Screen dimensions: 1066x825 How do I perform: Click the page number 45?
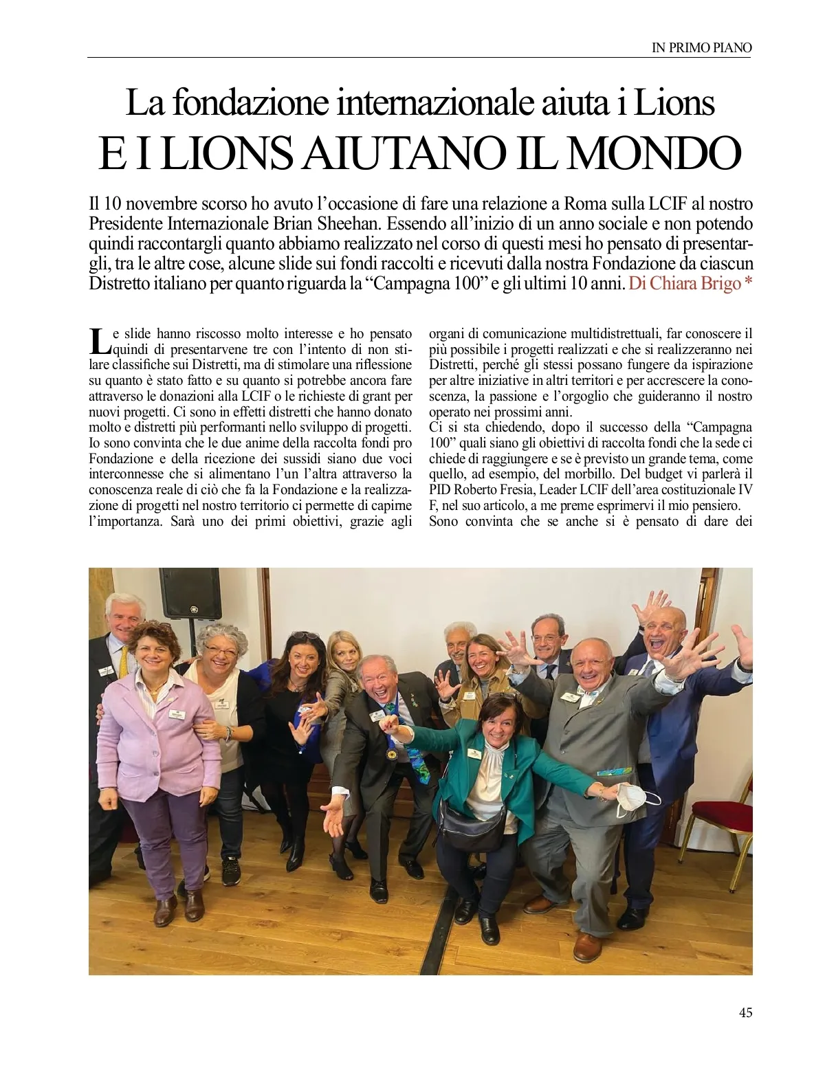point(745,1012)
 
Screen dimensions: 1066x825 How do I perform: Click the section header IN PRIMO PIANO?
point(701,47)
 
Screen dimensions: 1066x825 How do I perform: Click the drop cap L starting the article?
point(99,339)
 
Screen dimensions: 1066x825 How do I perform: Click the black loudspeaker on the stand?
point(190,592)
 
